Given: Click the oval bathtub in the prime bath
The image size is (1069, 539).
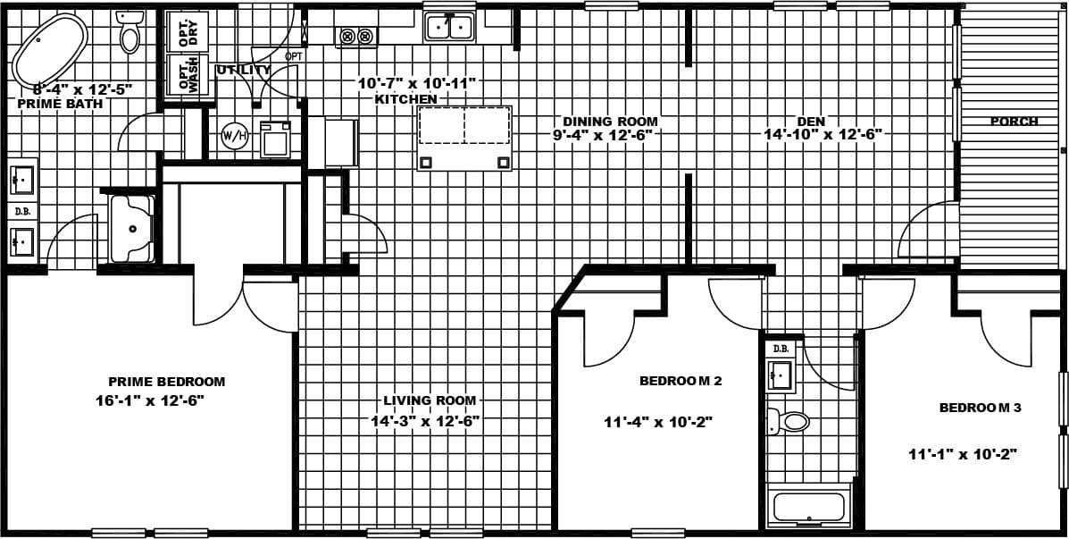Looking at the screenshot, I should pyautogui.click(x=50, y=46).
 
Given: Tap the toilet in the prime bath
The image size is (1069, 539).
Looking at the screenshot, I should pyautogui.click(x=129, y=33).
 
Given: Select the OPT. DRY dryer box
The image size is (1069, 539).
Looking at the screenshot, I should pyautogui.click(x=188, y=31).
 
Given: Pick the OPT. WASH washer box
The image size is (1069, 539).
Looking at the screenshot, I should pyautogui.click(x=188, y=75).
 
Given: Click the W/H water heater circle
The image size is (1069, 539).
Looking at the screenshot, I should pyautogui.click(x=234, y=136).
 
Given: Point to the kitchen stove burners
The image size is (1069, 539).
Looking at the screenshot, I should pyautogui.click(x=356, y=37).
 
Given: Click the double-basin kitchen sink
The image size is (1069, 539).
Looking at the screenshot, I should pyautogui.click(x=449, y=28).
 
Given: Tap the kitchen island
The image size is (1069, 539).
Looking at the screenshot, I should pyautogui.click(x=464, y=137).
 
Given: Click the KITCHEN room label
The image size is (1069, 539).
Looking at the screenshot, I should pyautogui.click(x=406, y=99).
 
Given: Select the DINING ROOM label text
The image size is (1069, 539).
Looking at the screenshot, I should pyautogui.click(x=610, y=122).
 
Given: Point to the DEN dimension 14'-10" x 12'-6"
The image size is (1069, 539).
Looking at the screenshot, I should pyautogui.click(x=823, y=135).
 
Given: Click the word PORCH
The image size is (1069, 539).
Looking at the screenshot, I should pyautogui.click(x=1014, y=122).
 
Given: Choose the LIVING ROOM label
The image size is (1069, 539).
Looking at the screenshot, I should pyautogui.click(x=430, y=400).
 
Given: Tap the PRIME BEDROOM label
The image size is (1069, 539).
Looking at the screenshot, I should pyautogui.click(x=167, y=382).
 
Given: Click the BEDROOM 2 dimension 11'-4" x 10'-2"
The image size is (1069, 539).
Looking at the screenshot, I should pyautogui.click(x=658, y=422).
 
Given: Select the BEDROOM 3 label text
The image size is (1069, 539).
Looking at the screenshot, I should pyautogui.click(x=980, y=408).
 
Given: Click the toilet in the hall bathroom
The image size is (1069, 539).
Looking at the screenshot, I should pyautogui.click(x=789, y=421).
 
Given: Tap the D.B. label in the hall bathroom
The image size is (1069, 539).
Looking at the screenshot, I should pyautogui.click(x=781, y=349).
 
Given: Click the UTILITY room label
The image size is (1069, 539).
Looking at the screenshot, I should pyautogui.click(x=243, y=70).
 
